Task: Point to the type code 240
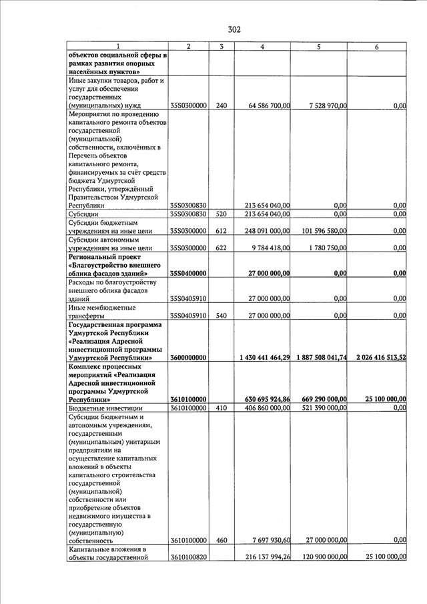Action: [222, 105]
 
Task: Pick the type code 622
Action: [222, 248]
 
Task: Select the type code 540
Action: [222, 315]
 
